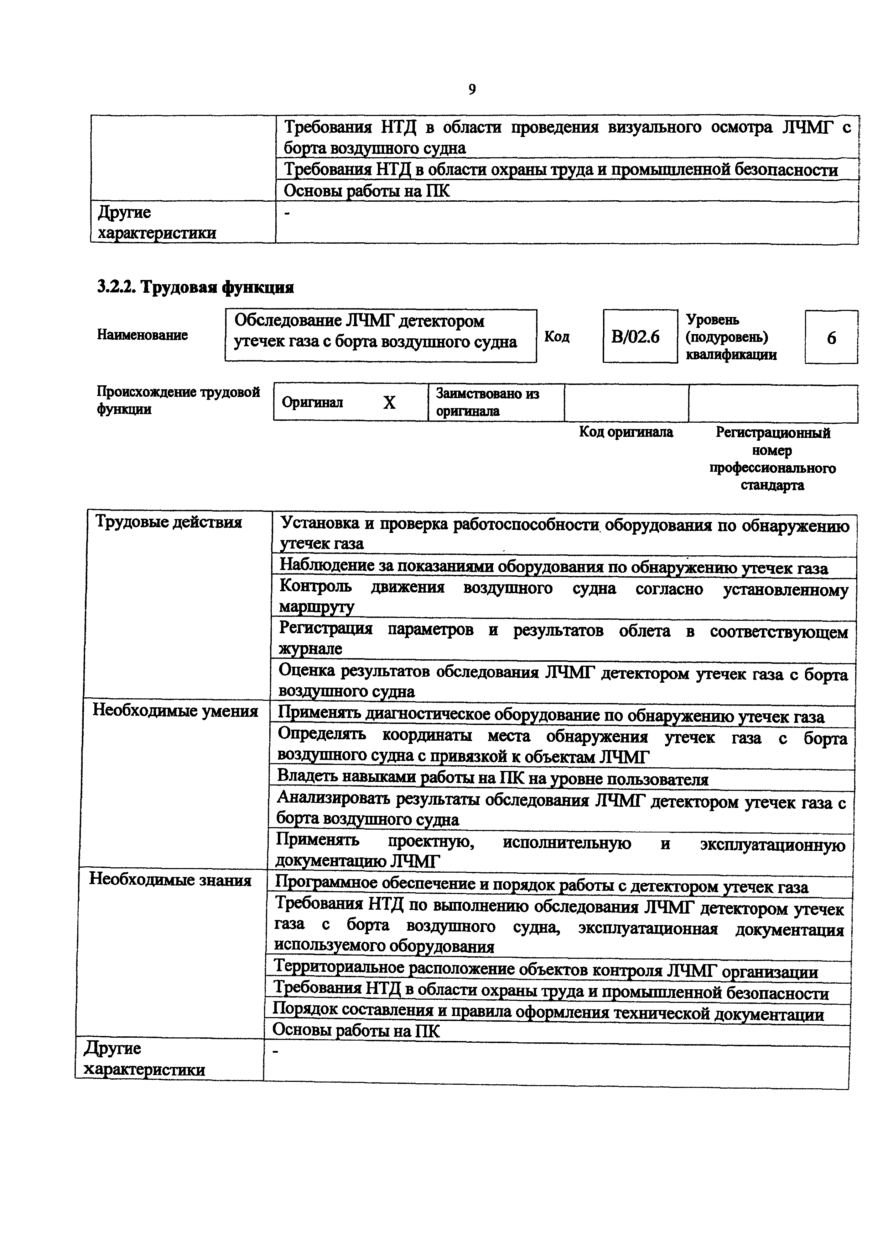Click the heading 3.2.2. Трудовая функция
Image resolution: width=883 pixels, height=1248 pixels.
[195, 287]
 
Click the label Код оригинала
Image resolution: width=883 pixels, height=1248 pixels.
[626, 432]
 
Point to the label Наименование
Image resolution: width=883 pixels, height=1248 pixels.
[142, 335]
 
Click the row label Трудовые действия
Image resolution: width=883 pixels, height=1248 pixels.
[168, 522]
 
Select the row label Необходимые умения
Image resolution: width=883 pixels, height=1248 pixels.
[175, 711]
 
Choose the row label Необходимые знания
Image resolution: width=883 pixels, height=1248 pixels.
[170, 879]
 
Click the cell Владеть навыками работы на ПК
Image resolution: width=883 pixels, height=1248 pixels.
[492, 779]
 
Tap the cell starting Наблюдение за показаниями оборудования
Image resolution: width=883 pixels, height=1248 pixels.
[553, 567]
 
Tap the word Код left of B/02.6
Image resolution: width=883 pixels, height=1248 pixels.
[557, 337]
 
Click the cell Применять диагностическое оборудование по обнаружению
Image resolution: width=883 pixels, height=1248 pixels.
[551, 716]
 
